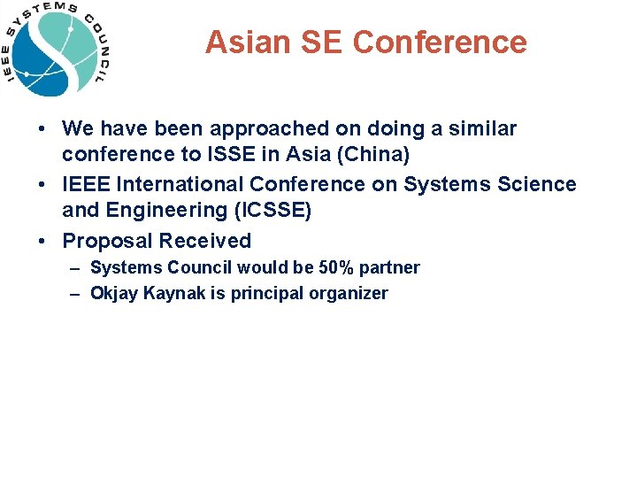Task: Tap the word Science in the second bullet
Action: click(529, 184)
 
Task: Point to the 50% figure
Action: click(337, 267)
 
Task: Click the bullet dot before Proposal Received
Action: click(42, 241)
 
